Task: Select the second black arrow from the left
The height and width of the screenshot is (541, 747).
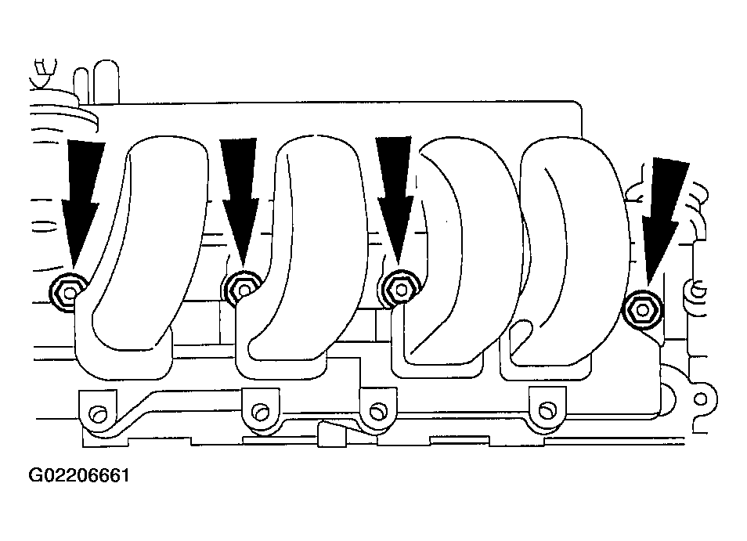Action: pyautogui.click(x=240, y=200)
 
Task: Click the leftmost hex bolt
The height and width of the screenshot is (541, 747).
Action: pyautogui.click(x=69, y=292)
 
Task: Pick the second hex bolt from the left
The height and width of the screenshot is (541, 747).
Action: pyautogui.click(x=244, y=289)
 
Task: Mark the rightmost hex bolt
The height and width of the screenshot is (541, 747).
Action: pyautogui.click(x=643, y=310)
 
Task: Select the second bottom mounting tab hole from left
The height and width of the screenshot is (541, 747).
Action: pyautogui.click(x=260, y=412)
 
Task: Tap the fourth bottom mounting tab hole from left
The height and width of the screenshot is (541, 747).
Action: pyautogui.click(x=546, y=409)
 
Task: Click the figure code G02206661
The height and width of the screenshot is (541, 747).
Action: pyautogui.click(x=79, y=475)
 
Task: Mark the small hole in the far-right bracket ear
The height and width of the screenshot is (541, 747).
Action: pyautogui.click(x=700, y=399)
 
